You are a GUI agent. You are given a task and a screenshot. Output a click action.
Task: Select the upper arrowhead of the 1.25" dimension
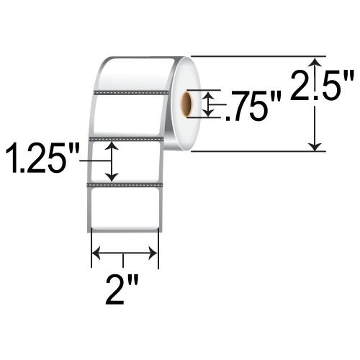pyautogui.click(x=112, y=146)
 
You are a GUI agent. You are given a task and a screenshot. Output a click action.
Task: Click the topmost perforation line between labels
pyautogui.click(x=130, y=91)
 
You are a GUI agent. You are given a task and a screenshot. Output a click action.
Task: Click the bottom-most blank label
pyautogui.click(x=124, y=210)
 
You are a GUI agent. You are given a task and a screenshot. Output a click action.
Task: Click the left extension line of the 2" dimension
pyautogui.click(x=91, y=248)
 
